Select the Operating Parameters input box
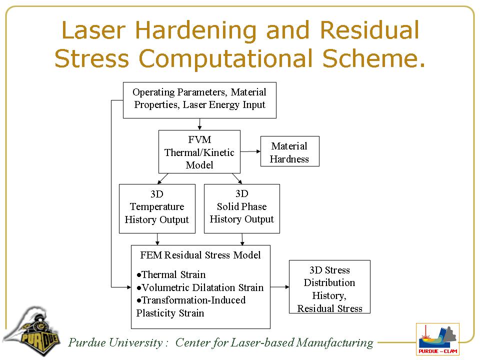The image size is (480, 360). tap(199, 100)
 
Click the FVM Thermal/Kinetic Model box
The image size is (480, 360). tap(199, 152)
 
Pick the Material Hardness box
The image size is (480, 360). tap(289, 152)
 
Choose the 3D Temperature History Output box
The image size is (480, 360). tap(157, 208)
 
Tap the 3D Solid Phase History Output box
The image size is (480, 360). tap(241, 208)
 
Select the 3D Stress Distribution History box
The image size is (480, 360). tap(329, 286)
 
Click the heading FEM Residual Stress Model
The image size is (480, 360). tap(200, 255)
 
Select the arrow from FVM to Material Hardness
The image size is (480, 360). tap(250, 151)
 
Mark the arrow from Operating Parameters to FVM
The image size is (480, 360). tap(199, 124)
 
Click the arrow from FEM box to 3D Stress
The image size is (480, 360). tap(279, 287)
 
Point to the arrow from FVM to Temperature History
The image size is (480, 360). tap(163, 178)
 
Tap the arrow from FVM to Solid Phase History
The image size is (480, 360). tap(237, 178)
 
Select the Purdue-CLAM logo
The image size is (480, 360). tap(437, 338)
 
